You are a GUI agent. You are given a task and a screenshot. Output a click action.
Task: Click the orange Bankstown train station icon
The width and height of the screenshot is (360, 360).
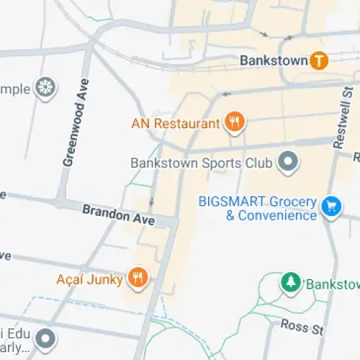click(320, 60)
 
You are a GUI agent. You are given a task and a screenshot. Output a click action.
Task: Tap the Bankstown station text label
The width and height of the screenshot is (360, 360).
click(273, 60)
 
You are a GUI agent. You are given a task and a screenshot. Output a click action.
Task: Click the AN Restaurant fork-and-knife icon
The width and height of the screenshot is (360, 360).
click(233, 123)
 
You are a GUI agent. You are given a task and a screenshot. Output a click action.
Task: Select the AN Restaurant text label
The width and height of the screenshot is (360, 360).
click(175, 123)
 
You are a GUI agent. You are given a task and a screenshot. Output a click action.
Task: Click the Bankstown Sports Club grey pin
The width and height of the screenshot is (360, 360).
click(288, 163)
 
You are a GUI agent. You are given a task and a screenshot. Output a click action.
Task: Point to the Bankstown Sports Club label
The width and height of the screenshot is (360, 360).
click(201, 163)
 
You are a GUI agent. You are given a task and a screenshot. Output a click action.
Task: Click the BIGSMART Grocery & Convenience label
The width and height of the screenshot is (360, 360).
click(258, 208)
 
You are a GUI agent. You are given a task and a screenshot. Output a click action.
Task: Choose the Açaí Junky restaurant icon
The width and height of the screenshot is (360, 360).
click(138, 276)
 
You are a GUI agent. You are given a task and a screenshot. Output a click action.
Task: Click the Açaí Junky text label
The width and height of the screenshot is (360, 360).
click(90, 277)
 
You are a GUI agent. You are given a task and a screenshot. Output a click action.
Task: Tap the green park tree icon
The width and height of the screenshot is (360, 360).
click(290, 283)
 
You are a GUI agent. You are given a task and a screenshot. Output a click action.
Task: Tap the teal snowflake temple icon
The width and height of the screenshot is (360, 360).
click(46, 89)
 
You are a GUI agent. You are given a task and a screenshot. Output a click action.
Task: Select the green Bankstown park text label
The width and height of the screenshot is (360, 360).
click(332, 284)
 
